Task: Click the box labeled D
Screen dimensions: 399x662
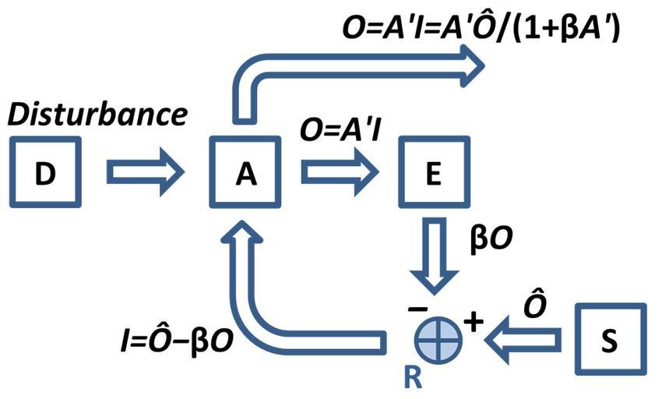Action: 46,172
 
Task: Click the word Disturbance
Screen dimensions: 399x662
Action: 98,115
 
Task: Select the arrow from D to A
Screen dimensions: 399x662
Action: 143,172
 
